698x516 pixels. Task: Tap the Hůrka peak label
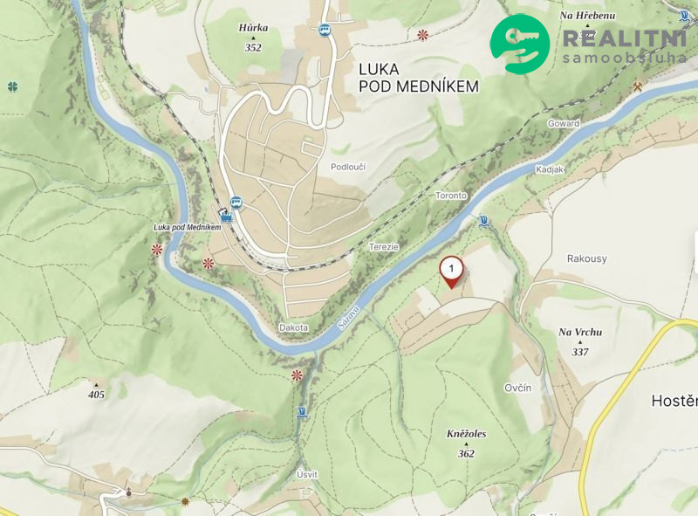253,28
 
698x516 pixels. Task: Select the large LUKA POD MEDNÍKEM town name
419,76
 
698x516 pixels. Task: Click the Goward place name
563,124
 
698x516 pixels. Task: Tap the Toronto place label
451,196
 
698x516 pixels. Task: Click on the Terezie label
383,247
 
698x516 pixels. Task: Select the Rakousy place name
585,258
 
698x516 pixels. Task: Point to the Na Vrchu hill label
580,332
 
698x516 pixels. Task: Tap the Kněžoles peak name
466,433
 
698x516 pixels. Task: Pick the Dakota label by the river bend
294,327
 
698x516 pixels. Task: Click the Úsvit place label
307,474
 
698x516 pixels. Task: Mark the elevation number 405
96,395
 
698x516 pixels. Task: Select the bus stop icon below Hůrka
325,30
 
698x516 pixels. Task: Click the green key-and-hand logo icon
520,44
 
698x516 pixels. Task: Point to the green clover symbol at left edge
12,86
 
